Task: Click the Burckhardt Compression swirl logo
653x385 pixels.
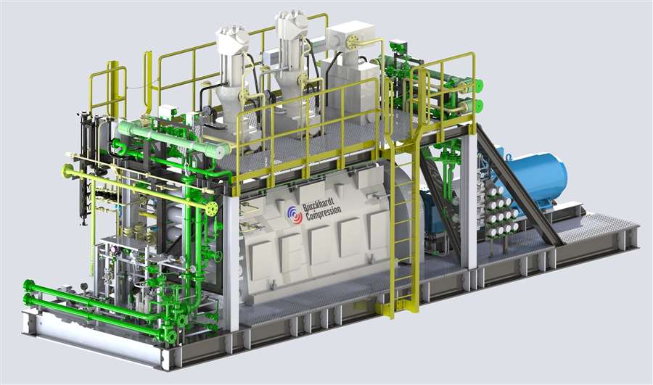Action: point(293,215)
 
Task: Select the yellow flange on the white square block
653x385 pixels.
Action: point(353,43)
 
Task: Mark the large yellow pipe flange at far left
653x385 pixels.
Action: point(68,171)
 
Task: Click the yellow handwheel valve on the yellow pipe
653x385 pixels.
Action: point(211,209)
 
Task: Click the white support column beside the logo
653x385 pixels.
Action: point(231,261)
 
